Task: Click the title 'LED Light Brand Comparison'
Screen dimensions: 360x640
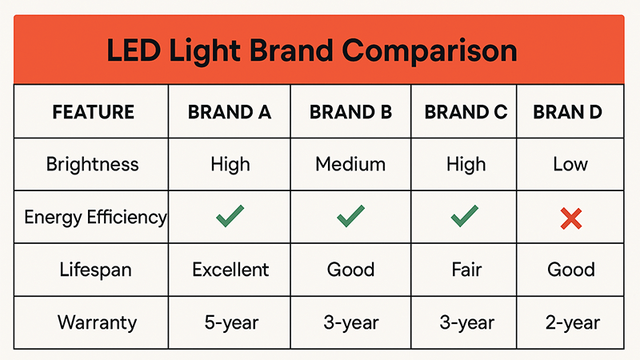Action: coord(312,50)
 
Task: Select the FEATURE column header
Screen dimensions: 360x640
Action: coord(93,112)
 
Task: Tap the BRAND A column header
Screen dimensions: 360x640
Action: coord(230,112)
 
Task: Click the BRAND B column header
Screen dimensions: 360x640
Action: coord(350,112)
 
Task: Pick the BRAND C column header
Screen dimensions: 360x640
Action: coord(466,112)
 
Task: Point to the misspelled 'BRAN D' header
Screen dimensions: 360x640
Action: coord(567,112)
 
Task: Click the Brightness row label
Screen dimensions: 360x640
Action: coord(93,165)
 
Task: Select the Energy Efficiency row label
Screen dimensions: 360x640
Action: coord(95,217)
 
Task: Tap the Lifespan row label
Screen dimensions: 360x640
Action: coord(93,270)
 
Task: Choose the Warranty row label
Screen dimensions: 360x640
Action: coord(97,323)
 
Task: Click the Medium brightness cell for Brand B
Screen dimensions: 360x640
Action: coord(350,165)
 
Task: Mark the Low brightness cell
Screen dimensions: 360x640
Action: coord(570,165)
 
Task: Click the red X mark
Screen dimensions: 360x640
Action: coord(570,217)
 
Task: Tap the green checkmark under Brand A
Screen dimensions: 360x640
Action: coord(230,216)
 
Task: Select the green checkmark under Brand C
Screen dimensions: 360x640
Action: coord(466,216)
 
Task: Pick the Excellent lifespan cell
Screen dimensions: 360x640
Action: coord(230,270)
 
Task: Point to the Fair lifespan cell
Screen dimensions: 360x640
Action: coord(466,270)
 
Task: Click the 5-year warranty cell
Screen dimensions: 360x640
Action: coord(230,323)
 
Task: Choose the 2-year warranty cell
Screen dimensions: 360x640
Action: coord(570,323)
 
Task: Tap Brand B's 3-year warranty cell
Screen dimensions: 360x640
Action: coord(350,323)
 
